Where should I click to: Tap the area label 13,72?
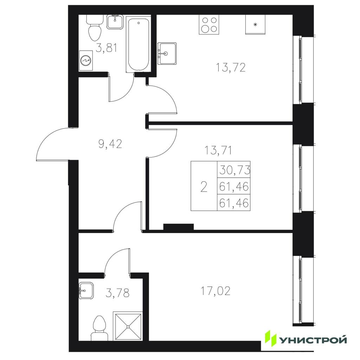231,67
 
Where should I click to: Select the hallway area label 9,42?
110,144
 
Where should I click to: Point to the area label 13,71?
218,150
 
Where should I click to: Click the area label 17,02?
216,291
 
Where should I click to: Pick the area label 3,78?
117,293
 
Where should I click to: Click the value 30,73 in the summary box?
234,170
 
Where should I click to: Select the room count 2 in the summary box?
204,187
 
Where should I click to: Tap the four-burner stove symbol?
209,25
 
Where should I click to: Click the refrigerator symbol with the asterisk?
255,25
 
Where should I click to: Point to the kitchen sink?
167,53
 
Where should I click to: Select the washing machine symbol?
86,60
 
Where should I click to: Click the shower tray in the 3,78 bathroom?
128,326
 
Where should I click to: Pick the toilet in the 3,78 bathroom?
99,328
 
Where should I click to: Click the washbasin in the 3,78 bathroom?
86,291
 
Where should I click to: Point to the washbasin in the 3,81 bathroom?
115,22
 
